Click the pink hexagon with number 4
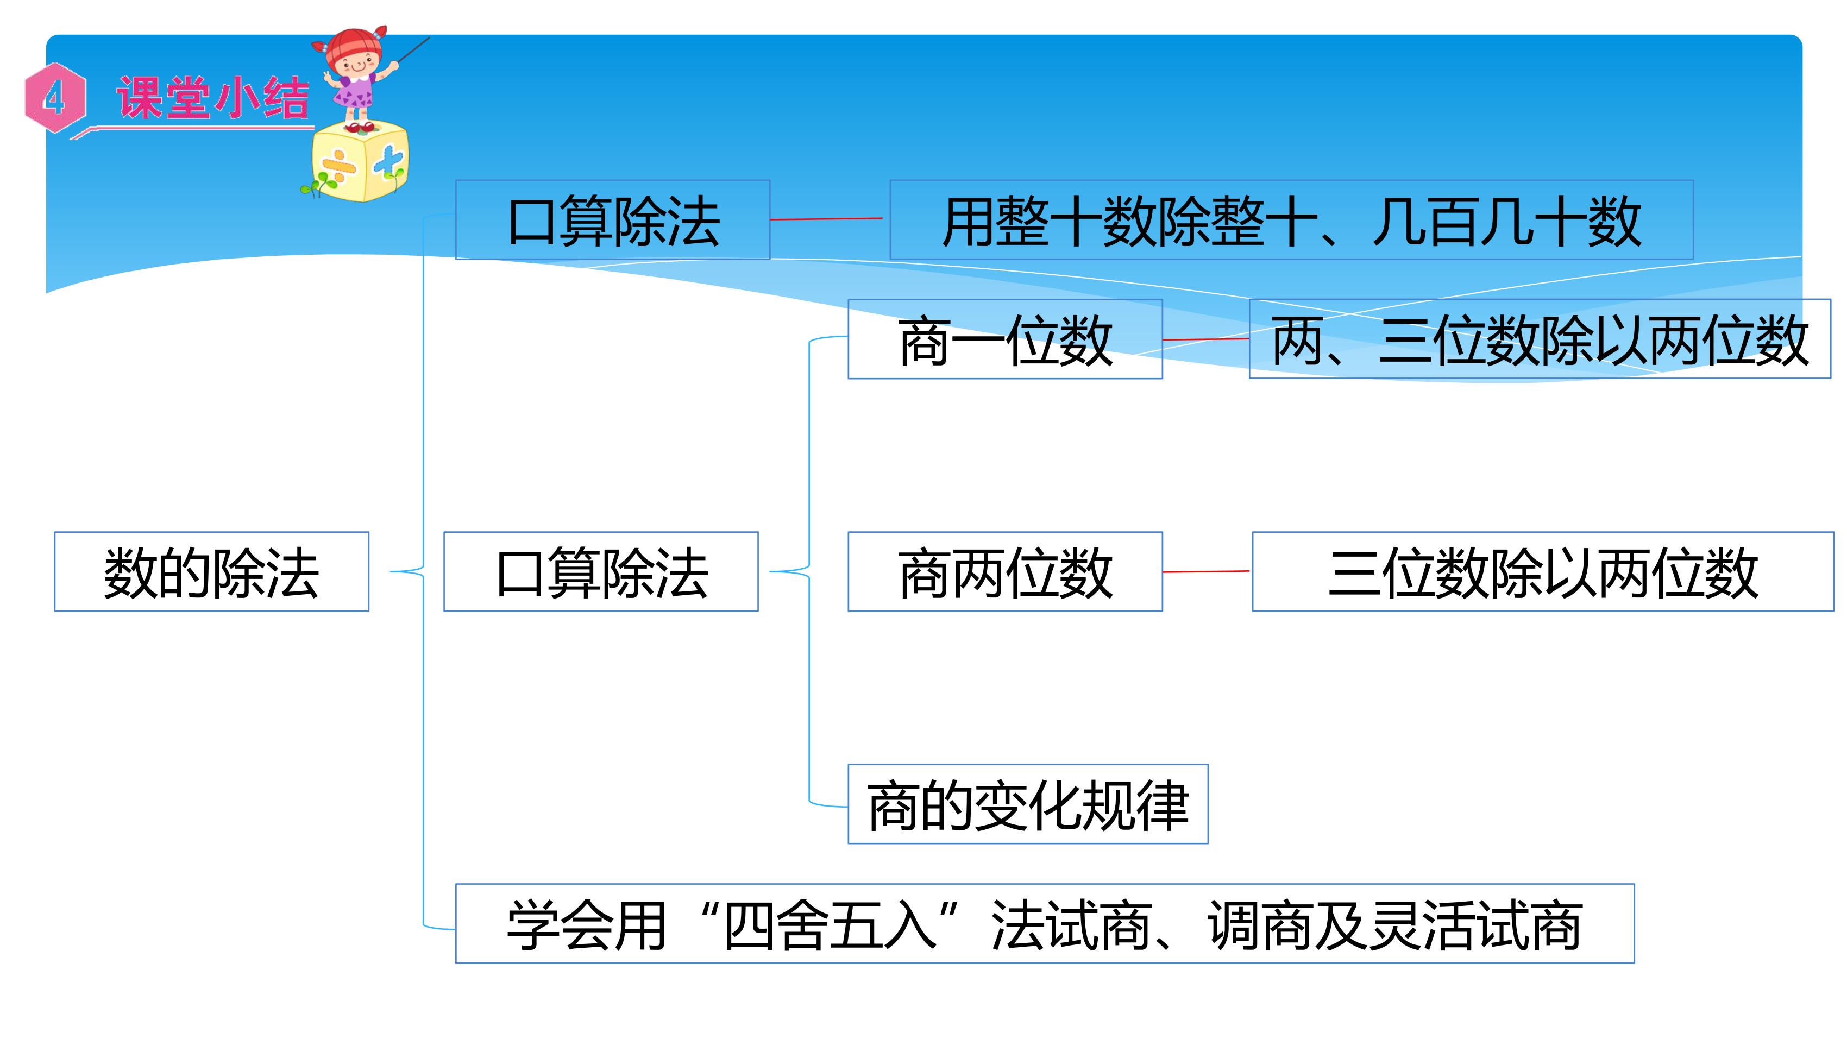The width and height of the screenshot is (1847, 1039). point(55,98)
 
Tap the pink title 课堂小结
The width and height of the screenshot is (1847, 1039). point(213,98)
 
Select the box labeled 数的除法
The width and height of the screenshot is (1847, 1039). point(211,571)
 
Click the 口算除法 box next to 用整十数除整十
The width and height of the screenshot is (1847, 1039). point(613,219)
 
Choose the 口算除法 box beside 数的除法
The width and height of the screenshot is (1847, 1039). point(601,571)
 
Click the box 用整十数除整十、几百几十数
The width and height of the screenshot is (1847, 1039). point(1291,219)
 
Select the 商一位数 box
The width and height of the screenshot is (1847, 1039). point(1005,339)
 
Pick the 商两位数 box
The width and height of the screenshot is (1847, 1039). point(1005,571)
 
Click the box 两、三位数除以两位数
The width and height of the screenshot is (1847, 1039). point(1540,339)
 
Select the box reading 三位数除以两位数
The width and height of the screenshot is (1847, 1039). point(1543,571)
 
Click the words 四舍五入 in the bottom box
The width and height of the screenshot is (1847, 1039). point(830,925)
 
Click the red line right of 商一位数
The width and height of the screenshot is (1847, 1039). point(1206,339)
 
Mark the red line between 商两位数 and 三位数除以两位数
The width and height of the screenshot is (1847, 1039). point(1206,571)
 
